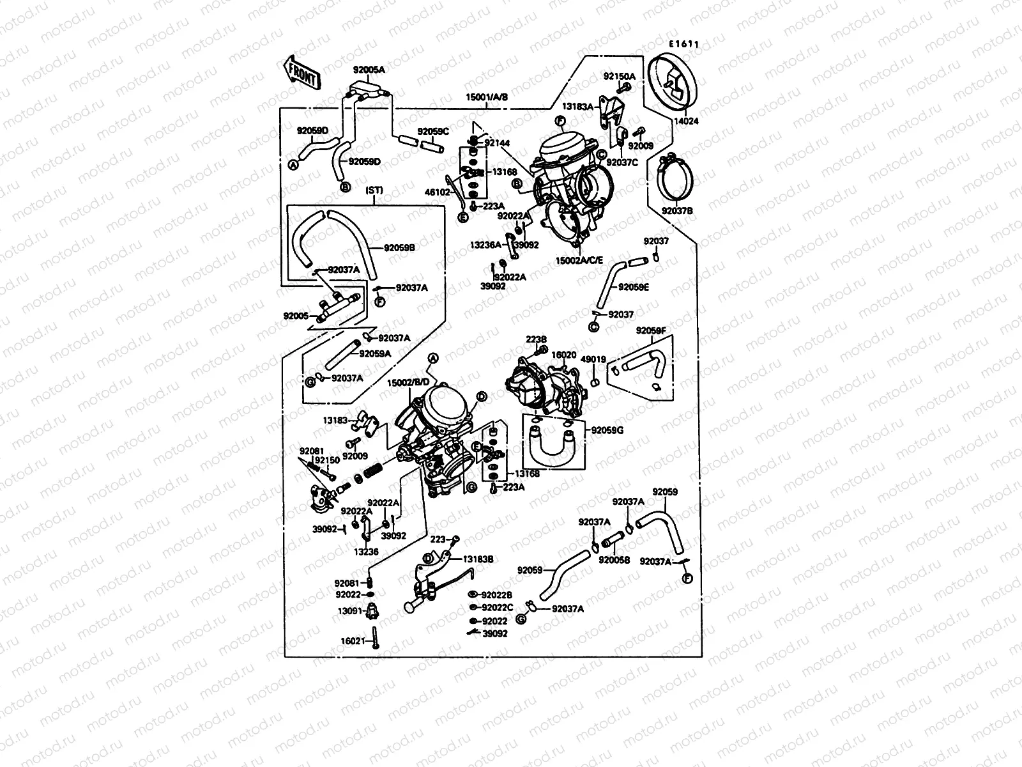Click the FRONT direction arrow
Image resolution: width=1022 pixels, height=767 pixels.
click(x=301, y=72)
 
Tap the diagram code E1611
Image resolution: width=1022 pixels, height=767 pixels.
click(x=684, y=45)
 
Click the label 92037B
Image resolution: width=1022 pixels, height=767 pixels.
click(x=677, y=210)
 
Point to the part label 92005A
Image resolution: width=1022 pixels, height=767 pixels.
click(x=369, y=70)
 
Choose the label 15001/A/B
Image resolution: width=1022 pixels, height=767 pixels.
click(x=487, y=98)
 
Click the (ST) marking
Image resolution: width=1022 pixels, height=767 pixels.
click(x=374, y=190)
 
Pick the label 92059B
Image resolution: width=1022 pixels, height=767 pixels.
click(x=400, y=247)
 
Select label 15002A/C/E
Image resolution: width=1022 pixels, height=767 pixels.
click(x=579, y=261)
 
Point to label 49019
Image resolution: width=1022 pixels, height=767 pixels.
click(x=593, y=360)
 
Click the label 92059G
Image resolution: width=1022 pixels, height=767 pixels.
click(x=607, y=430)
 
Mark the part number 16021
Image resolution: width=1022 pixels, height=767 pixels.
click(x=352, y=640)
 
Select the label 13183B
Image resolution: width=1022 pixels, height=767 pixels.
click(x=478, y=559)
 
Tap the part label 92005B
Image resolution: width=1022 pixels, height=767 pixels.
click(x=614, y=559)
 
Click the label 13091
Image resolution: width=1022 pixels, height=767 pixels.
click(x=351, y=611)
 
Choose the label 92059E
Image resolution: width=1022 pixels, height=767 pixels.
click(x=633, y=287)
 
